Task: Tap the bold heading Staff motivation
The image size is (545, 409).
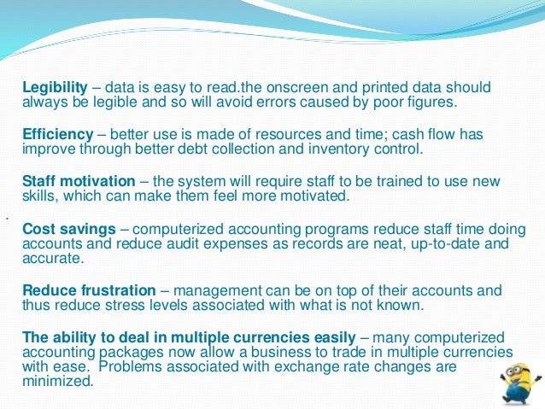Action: pos(78,182)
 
